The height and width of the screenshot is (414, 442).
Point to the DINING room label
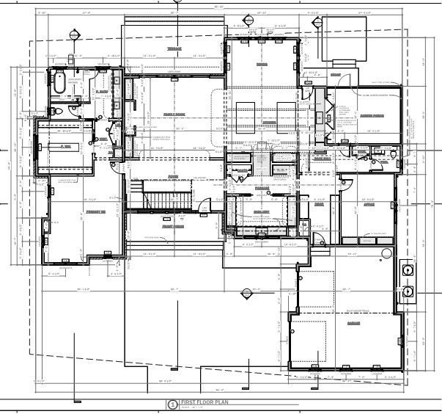tap(261, 65)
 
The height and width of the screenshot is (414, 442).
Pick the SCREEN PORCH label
tap(372, 115)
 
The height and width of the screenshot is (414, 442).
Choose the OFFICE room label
tap(369, 205)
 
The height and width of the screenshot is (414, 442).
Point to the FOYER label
tap(174, 177)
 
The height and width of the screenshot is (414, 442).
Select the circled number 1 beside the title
tap(172, 404)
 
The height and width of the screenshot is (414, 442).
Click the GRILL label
tap(335, 75)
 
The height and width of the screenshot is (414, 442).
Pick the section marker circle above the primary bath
tap(74, 34)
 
